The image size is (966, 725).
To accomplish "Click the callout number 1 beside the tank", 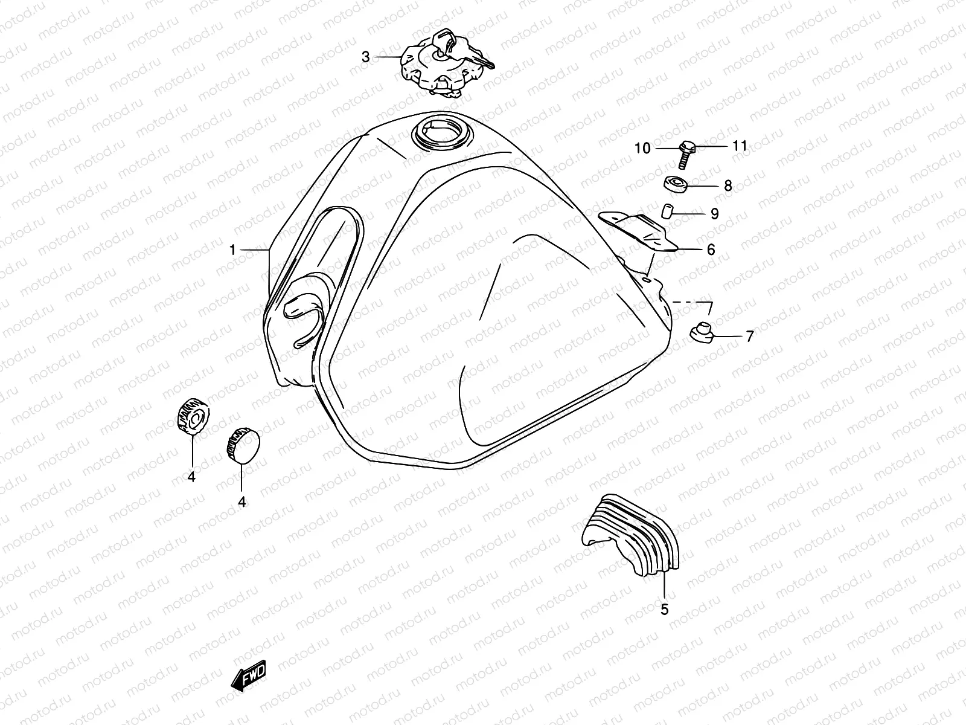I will pos(232,250).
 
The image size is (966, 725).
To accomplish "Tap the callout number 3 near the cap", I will pos(366,57).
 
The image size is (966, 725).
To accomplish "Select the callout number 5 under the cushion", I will pos(664,610).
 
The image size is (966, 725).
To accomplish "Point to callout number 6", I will pos(711,249).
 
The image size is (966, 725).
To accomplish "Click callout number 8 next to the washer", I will pos(728,185).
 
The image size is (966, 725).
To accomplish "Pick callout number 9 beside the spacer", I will pos(715,214).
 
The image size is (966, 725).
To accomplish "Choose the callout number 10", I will pos(642,148).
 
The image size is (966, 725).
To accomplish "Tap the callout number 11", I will pos(740,146).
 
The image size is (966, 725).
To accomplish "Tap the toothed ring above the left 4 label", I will pos(192,416).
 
